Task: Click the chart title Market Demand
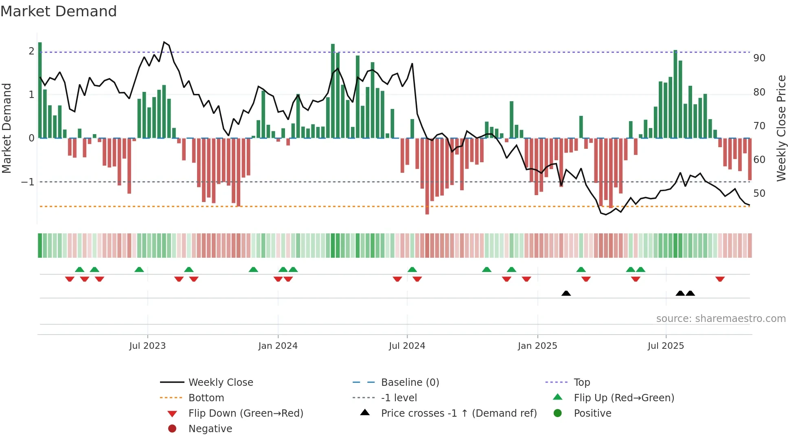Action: [59, 11]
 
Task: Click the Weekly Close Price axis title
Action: [781, 128]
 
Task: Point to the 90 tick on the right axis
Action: [759, 58]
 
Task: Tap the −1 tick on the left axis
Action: [28, 182]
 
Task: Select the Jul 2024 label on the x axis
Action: [407, 346]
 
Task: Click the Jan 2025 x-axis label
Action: [537, 346]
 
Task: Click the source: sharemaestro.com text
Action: [721, 319]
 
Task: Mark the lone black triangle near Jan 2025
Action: [566, 293]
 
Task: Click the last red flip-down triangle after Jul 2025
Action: [720, 279]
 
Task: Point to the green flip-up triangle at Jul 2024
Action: [412, 270]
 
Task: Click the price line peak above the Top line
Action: [164, 42]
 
